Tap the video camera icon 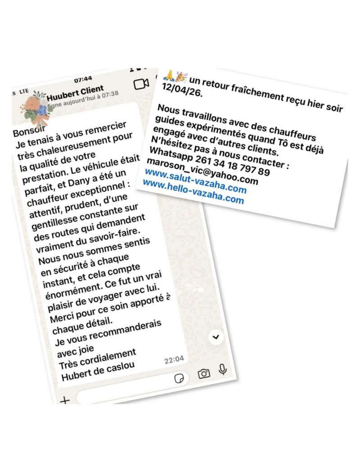pos(141,84)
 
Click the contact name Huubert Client pos(75,89)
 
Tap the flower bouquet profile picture pos(36,107)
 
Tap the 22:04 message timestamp pos(174,360)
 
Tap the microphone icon pos(222,370)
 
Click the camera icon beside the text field pos(204,373)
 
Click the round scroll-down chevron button pos(217,336)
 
